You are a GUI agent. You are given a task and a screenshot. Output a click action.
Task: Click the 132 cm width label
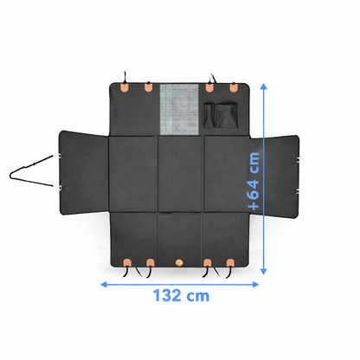click(x=181, y=295)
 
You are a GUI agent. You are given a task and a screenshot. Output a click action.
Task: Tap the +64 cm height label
click(x=254, y=181)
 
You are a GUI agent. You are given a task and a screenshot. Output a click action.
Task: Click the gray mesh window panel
click(x=179, y=109)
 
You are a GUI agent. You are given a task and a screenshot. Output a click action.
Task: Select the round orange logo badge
click(x=179, y=262)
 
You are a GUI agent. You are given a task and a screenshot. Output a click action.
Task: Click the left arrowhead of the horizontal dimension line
click(x=104, y=285)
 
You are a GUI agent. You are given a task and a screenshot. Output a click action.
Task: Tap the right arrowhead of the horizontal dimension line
click(x=255, y=285)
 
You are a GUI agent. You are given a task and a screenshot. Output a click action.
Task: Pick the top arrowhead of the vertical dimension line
click(x=263, y=87)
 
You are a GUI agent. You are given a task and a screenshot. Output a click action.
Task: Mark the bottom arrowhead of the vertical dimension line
click(x=263, y=271)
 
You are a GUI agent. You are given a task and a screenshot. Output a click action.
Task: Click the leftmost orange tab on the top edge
click(x=125, y=87)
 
